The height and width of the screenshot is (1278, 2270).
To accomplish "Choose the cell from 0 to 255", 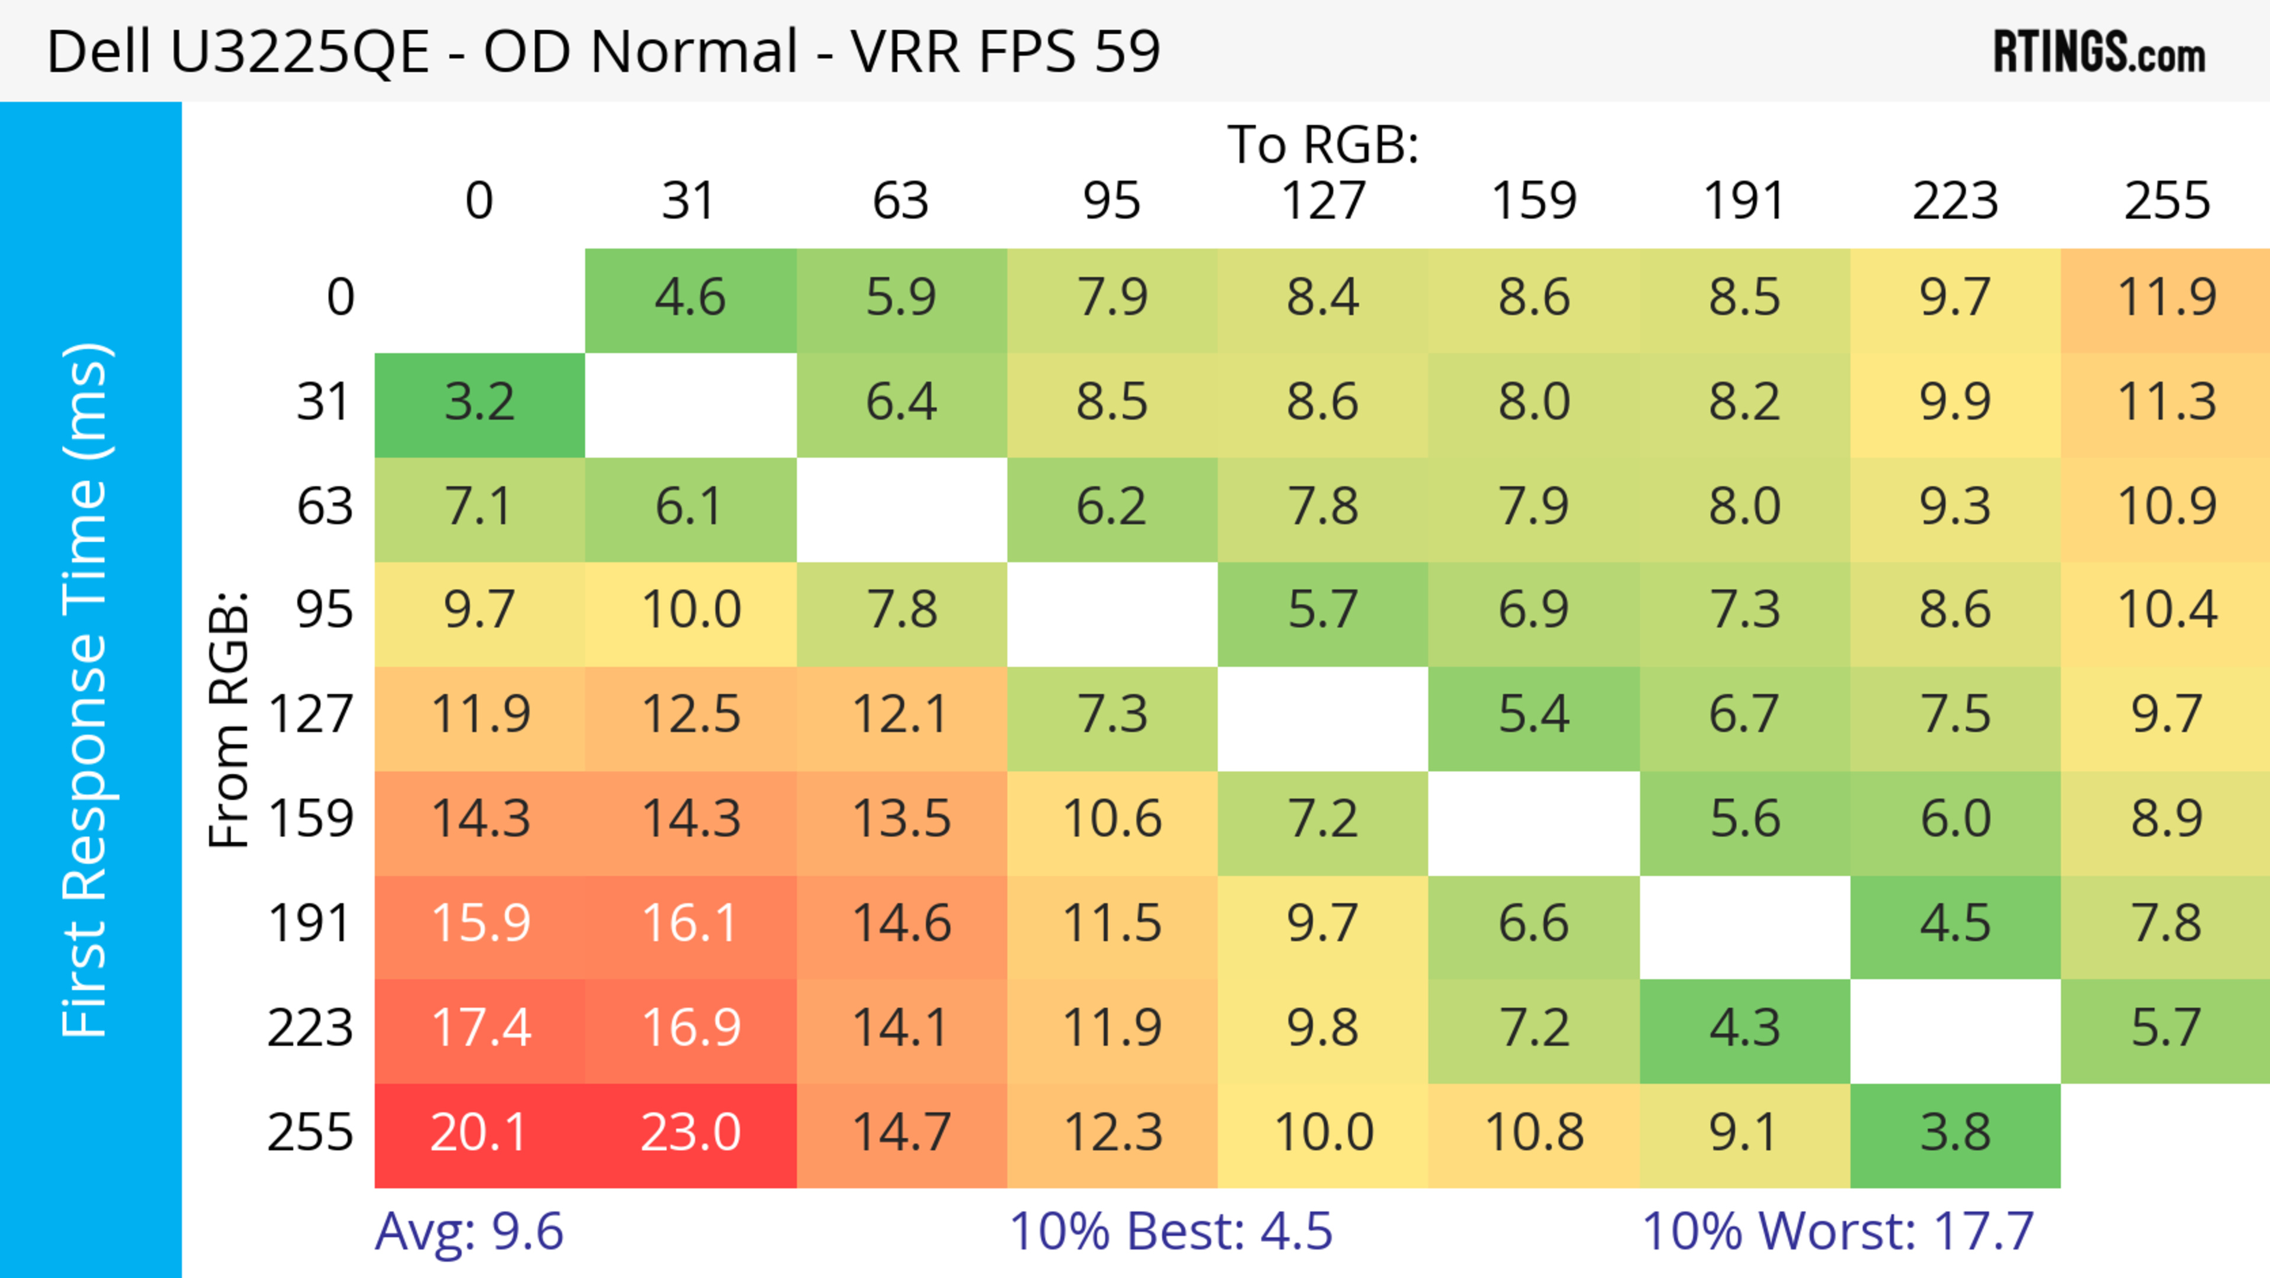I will [x=2166, y=299].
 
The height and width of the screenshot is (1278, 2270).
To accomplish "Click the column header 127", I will [x=1323, y=201].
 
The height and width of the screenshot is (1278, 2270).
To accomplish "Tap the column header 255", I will [x=2166, y=201].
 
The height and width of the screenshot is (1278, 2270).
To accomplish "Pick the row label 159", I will [x=310, y=820].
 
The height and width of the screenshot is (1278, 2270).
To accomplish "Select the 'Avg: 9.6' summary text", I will [x=469, y=1231].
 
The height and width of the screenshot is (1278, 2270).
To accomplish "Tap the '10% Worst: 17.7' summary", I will [x=1837, y=1231].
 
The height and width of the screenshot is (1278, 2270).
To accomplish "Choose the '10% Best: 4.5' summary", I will [x=1170, y=1231].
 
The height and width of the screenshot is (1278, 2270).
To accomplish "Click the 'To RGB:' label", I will [x=1323, y=144].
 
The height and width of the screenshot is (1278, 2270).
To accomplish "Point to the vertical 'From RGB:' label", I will [x=229, y=719].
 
